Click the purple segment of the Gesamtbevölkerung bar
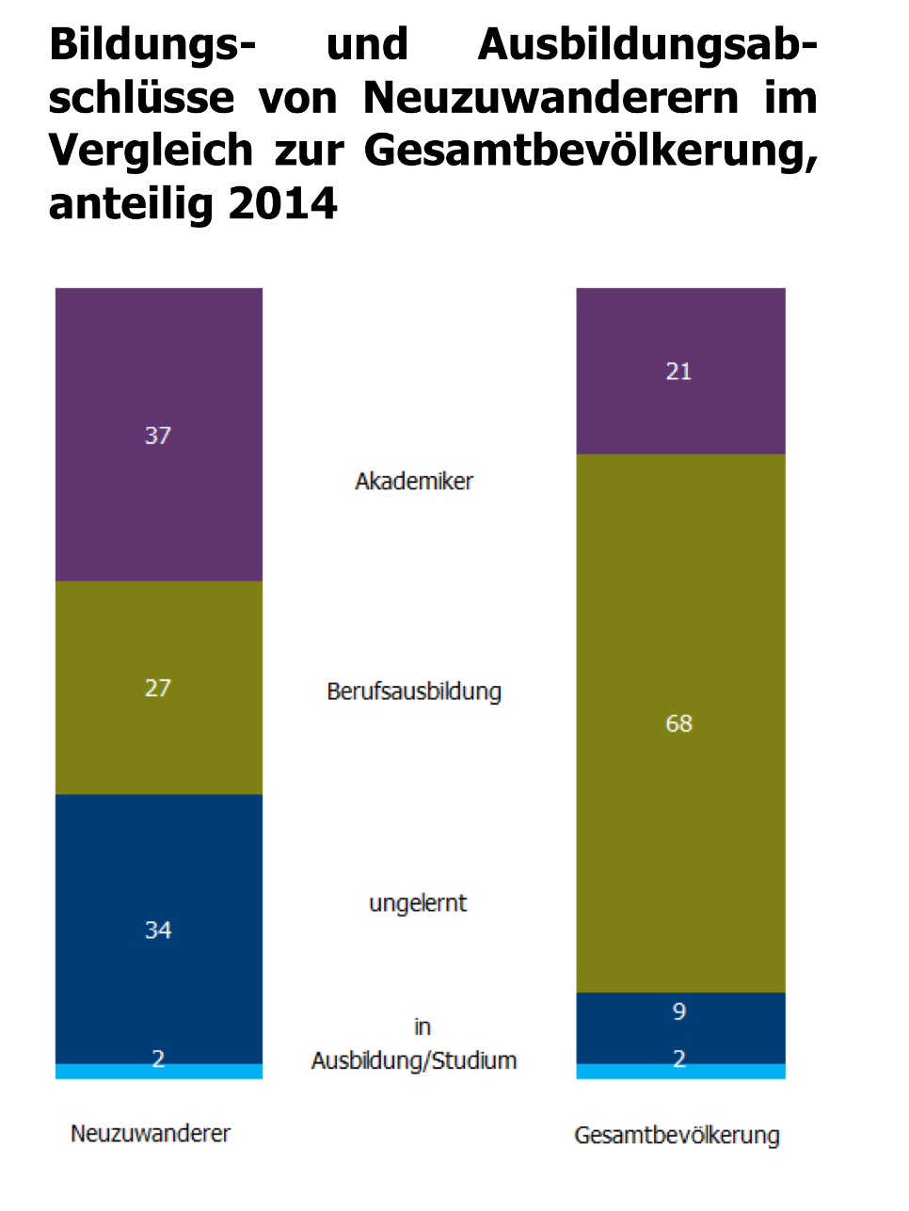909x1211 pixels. pyautogui.click(x=679, y=414)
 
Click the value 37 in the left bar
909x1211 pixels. pyautogui.click(x=158, y=436)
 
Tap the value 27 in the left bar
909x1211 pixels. pyautogui.click(x=158, y=688)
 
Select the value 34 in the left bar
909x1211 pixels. pyautogui.click(x=158, y=931)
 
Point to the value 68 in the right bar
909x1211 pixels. pyautogui.click(x=679, y=724)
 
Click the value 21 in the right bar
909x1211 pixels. pyautogui.click(x=679, y=372)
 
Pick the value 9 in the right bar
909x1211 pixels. pyautogui.click(x=679, y=1012)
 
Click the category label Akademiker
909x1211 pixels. pyautogui.click(x=414, y=482)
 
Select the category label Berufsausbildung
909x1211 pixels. pyautogui.click(x=414, y=692)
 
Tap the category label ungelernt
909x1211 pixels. pyautogui.click(x=418, y=903)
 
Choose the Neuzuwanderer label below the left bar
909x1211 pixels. pyautogui.click(x=151, y=1133)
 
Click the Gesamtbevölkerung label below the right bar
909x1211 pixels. pyautogui.click(x=677, y=1136)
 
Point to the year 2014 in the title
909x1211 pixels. pyautogui.click(x=282, y=203)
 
